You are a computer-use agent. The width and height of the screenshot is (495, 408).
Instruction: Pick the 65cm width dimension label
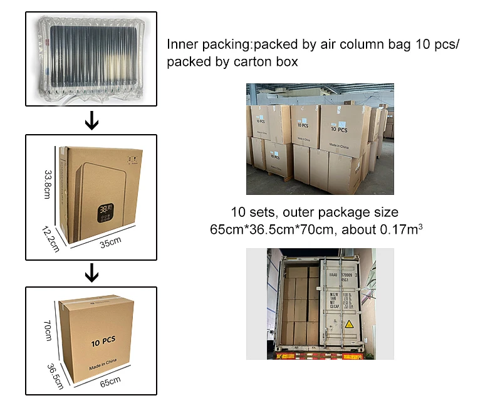[x=109, y=381]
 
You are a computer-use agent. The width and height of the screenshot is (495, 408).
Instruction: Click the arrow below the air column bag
[x=91, y=120]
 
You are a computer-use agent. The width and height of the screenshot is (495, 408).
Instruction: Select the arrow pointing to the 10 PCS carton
[x=91, y=273]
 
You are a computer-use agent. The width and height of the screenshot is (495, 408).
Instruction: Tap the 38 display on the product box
[x=105, y=207]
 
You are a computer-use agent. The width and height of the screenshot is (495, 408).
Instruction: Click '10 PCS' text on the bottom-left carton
[x=103, y=342]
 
